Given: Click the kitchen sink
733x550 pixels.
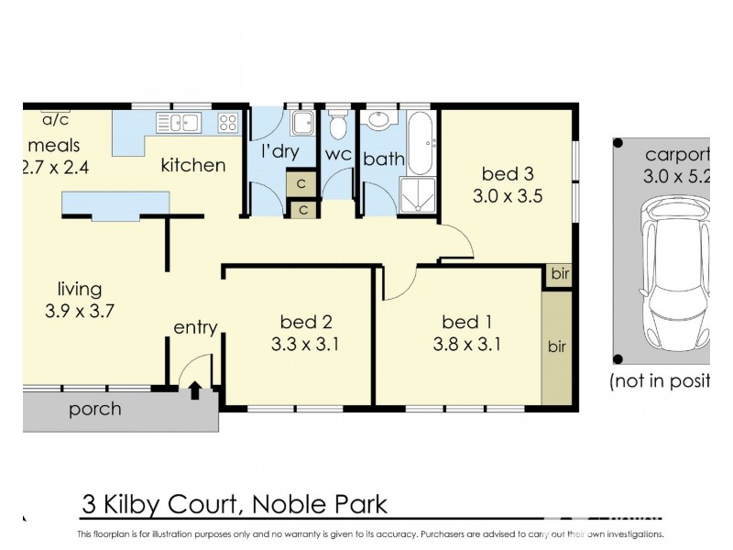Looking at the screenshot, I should click(178, 121).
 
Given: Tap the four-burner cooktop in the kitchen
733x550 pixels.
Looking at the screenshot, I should click(227, 122).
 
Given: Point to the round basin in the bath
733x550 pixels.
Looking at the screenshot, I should click(377, 121).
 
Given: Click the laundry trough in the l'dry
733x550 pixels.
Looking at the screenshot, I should click(301, 124).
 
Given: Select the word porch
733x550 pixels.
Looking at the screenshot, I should click(94, 409).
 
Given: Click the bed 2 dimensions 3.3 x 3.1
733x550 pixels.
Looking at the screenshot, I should click(305, 346).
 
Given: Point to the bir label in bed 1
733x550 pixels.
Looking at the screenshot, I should click(556, 347).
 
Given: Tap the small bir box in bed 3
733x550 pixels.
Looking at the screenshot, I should click(558, 274).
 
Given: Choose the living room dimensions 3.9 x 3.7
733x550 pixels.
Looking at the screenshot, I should click(79, 311).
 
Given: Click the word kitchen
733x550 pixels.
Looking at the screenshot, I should click(192, 165).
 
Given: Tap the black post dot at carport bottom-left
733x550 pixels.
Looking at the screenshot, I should click(618, 358).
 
